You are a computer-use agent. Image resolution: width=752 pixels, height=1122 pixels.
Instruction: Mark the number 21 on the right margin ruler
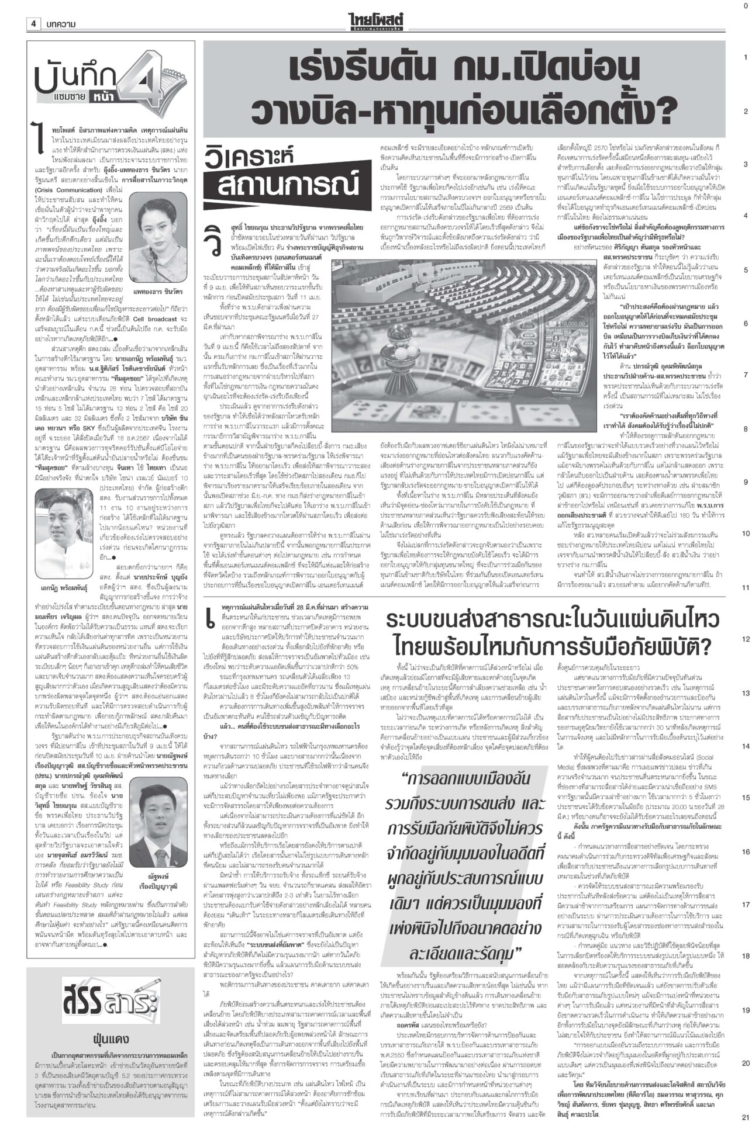744,1114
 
